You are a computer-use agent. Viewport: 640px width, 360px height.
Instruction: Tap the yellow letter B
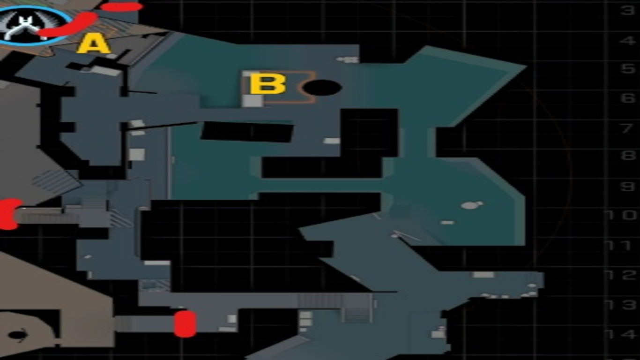(267, 84)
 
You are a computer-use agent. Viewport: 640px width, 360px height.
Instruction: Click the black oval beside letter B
(322, 88)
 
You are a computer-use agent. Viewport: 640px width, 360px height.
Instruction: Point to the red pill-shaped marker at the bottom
(185, 323)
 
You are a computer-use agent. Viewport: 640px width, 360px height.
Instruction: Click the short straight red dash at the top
(121, 7)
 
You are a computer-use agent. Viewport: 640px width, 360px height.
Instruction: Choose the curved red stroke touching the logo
(70, 26)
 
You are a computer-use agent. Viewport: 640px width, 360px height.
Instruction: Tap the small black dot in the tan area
(17, 335)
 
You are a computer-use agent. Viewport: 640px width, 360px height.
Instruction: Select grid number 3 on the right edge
(627, 10)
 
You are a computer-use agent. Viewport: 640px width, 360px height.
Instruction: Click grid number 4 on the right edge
(627, 40)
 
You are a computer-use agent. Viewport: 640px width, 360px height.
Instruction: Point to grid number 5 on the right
(627, 69)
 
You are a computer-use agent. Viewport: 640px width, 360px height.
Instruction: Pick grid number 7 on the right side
(627, 127)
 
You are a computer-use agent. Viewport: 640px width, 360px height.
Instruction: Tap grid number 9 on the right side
(627, 187)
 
